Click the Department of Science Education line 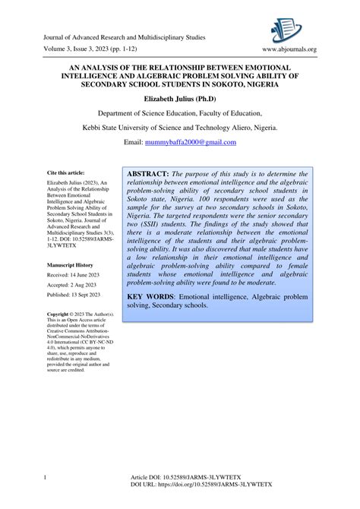[180, 113]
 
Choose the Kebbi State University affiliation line [180, 128]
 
